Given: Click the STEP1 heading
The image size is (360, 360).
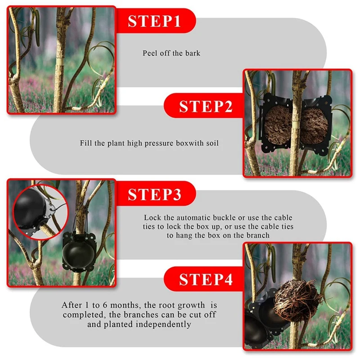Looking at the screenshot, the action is coord(154,21).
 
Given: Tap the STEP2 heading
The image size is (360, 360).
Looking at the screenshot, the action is coord(206,106).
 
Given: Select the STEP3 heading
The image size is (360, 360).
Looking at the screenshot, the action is coord(154,194).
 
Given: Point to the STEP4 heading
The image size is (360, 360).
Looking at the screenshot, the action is coord(206,279).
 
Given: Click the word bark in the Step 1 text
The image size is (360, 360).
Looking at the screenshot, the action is coord(193,53).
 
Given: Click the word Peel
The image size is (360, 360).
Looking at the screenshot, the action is coord(150,53).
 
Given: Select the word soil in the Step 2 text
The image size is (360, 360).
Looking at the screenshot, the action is coord(212,143).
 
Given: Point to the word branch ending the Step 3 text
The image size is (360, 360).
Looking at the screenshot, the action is coord(258,235).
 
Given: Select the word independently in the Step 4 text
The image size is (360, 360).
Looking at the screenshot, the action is coord(163,324).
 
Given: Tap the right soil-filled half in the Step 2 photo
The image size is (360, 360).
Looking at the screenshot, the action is coord(314,126).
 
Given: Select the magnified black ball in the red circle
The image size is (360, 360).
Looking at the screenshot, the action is coord(30,211).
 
